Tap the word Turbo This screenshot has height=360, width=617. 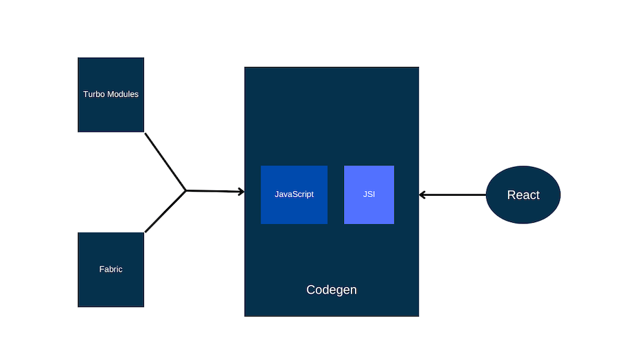click(94, 94)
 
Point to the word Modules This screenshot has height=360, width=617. click(122, 94)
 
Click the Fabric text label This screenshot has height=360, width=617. click(110, 270)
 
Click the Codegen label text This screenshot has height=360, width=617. click(332, 290)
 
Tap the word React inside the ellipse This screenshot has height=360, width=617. click(523, 195)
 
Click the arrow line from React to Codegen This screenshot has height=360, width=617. click(455, 195)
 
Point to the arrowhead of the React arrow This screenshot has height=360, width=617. click(423, 195)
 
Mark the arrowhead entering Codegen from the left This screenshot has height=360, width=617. click(241, 192)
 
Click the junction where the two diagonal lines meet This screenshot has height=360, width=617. click(186, 190)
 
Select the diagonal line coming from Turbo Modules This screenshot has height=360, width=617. click(165, 161)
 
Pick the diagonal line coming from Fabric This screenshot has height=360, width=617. click(165, 211)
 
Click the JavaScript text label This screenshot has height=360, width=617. click(294, 194)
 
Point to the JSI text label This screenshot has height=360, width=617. click(369, 194)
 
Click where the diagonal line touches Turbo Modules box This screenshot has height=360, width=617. click(145, 133)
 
